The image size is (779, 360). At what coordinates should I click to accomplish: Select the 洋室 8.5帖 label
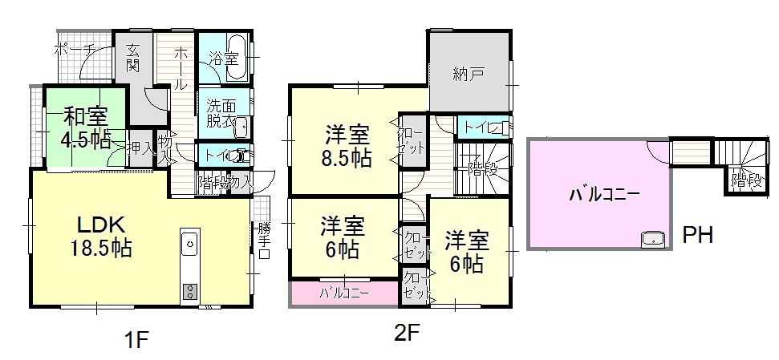coord(347,144)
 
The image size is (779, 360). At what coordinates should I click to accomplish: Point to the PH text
coord(698,236)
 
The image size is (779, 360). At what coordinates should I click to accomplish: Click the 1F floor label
coord(136,339)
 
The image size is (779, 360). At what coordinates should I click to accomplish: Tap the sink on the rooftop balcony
coord(652,237)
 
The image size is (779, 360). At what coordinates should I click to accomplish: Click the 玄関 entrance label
coord(133,60)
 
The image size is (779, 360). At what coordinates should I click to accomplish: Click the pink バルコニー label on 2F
coord(344,293)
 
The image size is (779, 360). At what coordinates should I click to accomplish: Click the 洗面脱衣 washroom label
coord(219,113)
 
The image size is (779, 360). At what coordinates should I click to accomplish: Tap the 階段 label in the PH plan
coord(745,181)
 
